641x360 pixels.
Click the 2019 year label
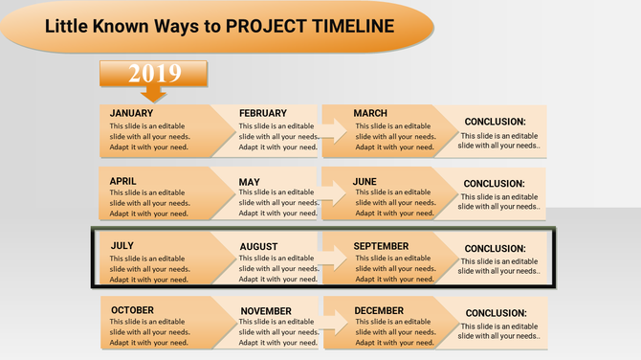click(153, 72)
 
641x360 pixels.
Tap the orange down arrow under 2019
click(153, 93)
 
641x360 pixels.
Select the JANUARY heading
click(131, 113)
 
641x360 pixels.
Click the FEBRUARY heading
click(262, 113)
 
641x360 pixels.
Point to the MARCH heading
click(370, 113)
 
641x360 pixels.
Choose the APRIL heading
click(123, 181)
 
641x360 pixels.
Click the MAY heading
click(249, 182)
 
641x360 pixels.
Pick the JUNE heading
click(365, 181)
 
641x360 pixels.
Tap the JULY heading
click(122, 246)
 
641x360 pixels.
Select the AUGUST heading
click(258, 247)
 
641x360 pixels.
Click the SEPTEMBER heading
click(381, 246)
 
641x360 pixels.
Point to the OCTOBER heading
click(132, 310)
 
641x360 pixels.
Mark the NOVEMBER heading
click(266, 311)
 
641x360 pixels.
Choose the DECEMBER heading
click(379, 310)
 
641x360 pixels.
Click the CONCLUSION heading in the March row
click(495, 122)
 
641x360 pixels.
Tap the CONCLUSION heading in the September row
click(495, 249)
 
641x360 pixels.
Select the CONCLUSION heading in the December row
click(496, 313)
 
